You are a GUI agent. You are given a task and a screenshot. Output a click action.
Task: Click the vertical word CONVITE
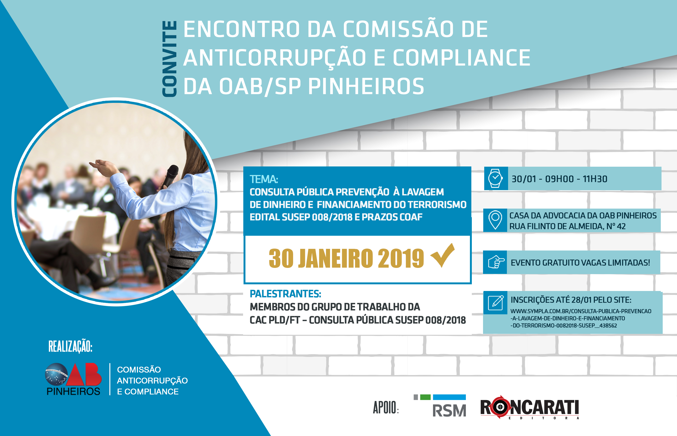pyautogui.click(x=169, y=59)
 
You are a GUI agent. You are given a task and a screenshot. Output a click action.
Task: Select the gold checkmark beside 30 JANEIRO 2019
pyautogui.click(x=443, y=255)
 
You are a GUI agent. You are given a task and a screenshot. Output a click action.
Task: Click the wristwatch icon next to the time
pyautogui.click(x=495, y=178)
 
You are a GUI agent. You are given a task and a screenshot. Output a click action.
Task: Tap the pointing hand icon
pyautogui.click(x=496, y=262)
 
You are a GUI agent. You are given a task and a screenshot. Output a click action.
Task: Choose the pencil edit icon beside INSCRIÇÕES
pyautogui.click(x=495, y=303)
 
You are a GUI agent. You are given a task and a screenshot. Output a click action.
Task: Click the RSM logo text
pyautogui.click(x=449, y=411)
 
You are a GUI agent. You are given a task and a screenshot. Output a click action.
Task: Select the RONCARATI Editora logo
pyautogui.click(x=529, y=408)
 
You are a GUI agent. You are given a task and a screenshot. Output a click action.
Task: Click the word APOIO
pyautogui.click(x=386, y=408)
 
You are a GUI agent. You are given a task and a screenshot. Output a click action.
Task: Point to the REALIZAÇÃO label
pyautogui.click(x=70, y=346)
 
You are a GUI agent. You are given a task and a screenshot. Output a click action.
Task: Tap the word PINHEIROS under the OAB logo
pyautogui.click(x=73, y=391)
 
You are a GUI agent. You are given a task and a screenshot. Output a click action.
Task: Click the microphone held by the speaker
pyautogui.click(x=170, y=176)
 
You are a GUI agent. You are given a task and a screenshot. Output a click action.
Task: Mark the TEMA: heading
pyautogui.click(x=264, y=179)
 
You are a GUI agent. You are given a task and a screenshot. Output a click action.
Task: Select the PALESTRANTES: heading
pyautogui.click(x=285, y=294)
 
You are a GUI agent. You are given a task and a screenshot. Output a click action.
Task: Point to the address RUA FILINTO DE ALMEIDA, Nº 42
pyautogui.click(x=567, y=226)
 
